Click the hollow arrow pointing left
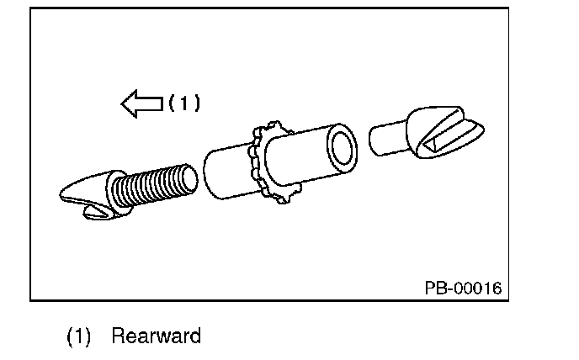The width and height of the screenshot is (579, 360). tap(141, 104)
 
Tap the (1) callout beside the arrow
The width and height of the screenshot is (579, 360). tap(184, 103)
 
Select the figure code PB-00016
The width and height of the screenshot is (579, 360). tap(462, 289)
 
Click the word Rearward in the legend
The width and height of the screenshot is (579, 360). tap(157, 337)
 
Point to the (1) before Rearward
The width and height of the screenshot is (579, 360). tap(78, 337)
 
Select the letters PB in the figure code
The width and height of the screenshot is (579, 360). tap(434, 289)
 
